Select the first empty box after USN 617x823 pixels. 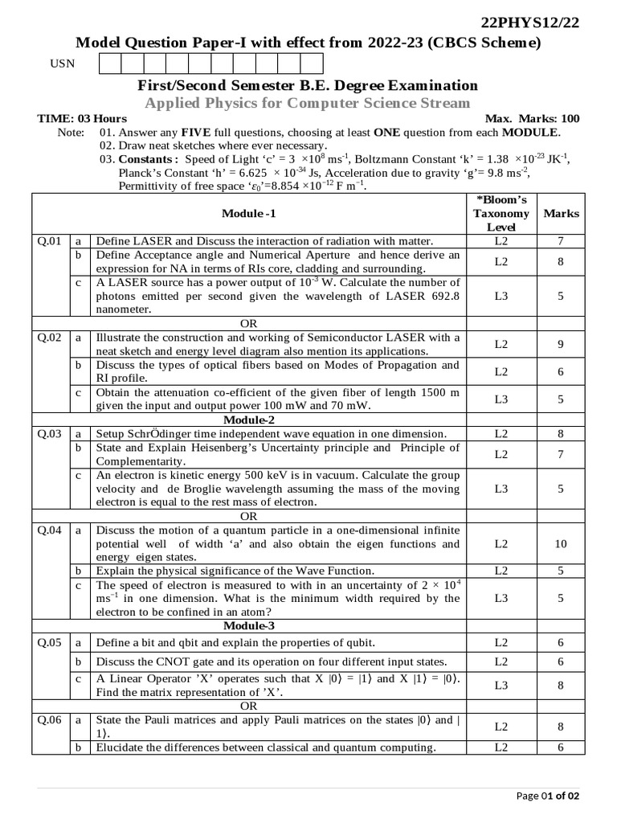point(110,63)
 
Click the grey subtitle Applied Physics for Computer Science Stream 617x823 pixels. point(308,102)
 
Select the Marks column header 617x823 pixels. point(561,214)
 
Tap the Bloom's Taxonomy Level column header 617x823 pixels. point(501,213)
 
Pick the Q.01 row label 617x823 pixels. point(50,241)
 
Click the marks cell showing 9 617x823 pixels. point(561,344)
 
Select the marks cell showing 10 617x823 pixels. point(561,544)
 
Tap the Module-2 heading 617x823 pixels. point(249,420)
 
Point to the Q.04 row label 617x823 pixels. point(50,530)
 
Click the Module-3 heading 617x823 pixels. point(249,625)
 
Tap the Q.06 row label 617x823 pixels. point(50,720)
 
